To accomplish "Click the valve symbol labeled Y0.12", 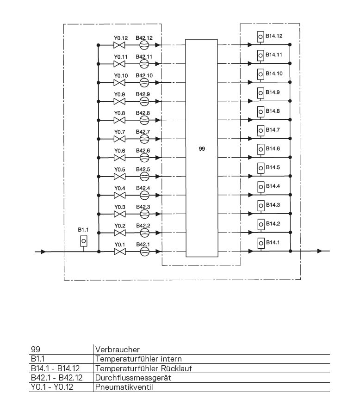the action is pos(119,45).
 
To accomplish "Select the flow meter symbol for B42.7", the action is pos(144,139).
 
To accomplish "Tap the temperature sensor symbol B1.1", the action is pos(83,241).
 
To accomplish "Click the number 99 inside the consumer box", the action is pos(201,148).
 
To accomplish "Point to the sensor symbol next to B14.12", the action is pos(261,37).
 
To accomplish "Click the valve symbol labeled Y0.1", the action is pos(120,252).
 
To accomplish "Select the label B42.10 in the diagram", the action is pos(144,75).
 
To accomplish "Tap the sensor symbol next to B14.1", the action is pos(261,243).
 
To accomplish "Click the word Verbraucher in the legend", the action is pos(117,350).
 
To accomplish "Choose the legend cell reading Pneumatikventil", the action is pos(124,387).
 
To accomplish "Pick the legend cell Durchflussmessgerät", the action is pos(133,378).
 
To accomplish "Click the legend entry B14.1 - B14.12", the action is pos(55,368).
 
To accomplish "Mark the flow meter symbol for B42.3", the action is pos(144,214).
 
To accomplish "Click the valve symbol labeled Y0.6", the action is pos(119,158).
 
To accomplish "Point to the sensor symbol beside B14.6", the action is pos(261,149).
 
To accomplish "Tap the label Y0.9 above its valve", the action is pos(119,94).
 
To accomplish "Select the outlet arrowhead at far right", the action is pos(319,251).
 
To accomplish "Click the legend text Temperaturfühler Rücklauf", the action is pos(143,368).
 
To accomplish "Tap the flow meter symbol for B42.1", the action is pos(144,252).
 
